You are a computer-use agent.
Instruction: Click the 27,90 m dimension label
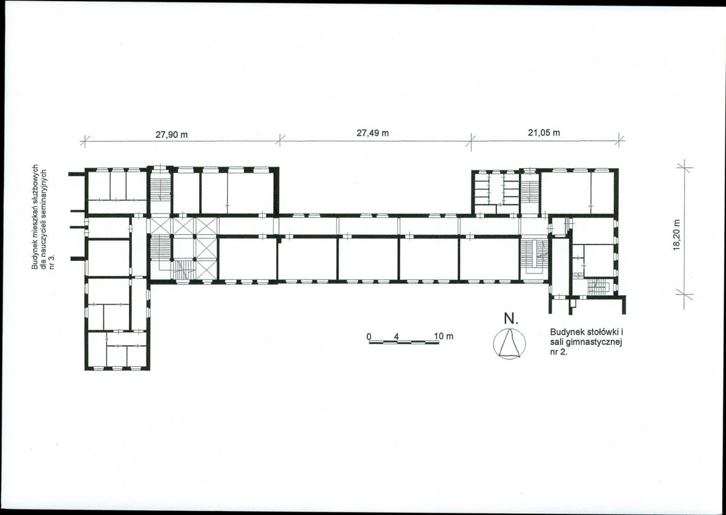[x=172, y=135]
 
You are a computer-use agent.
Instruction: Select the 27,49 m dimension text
[x=373, y=133]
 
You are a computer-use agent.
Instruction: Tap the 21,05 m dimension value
[x=544, y=133]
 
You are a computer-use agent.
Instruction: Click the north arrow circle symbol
[x=510, y=343]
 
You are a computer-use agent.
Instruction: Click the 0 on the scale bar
[x=369, y=336]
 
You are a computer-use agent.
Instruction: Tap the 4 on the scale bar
[x=397, y=336]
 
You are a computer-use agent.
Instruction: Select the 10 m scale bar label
[x=444, y=336]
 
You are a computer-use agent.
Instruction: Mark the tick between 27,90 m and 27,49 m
[x=280, y=140]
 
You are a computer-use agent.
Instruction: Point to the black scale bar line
[x=404, y=342]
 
